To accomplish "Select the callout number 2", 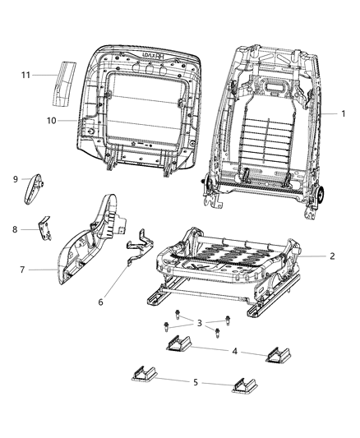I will coord(331,256).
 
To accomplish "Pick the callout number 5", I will coord(195,382).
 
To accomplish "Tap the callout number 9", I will coord(16,178).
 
